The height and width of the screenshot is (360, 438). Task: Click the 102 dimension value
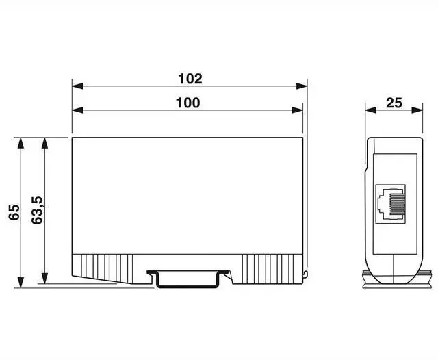coord(190,79)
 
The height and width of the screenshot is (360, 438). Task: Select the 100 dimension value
coord(188,103)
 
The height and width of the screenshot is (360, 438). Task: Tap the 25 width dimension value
coord(394,103)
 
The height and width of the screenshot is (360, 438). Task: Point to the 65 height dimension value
coord(14,212)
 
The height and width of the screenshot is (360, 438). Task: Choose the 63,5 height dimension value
coord(36,210)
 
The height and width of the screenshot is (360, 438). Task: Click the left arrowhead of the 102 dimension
coord(77,86)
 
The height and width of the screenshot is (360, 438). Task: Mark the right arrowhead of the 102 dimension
coord(302,86)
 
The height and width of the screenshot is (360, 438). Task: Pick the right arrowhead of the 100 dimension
coord(297,110)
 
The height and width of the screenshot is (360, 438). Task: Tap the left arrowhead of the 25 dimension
coord(370,110)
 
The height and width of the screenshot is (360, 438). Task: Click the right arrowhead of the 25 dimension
coord(417,110)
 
